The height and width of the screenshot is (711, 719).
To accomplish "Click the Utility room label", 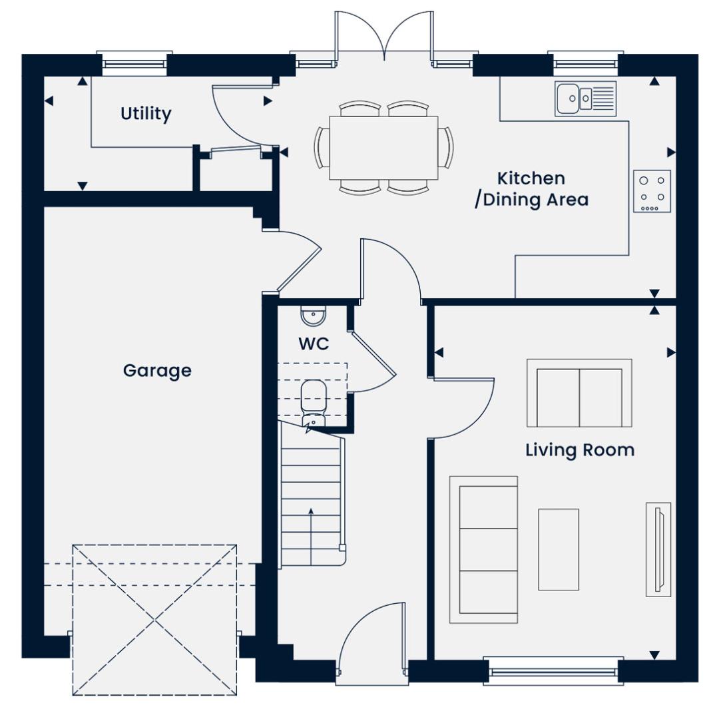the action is coord(146,114).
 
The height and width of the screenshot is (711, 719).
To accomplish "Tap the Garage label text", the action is coord(157,370).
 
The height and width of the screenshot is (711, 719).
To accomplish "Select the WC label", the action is coord(314,344).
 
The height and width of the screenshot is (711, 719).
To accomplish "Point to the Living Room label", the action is coord(580,450).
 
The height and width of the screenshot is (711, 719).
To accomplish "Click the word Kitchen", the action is coord(531,178).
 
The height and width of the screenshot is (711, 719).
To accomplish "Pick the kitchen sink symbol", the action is coord(586,99).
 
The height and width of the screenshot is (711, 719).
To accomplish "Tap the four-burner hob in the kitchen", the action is coord(652,191).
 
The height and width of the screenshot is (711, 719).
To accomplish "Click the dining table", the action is coord(383,148).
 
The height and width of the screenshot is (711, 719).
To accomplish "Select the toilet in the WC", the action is coord(314,401).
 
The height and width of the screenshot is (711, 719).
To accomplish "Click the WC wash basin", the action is coord(314,316).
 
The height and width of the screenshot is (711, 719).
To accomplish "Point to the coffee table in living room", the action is coord(559,549).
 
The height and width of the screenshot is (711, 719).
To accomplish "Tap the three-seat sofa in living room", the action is coord(483,550).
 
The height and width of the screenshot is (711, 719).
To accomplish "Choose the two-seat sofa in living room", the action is coord(579,393).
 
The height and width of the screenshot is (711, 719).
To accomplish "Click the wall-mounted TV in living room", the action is coord(658,550).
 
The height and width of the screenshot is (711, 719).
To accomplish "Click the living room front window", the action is coord(553,670).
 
